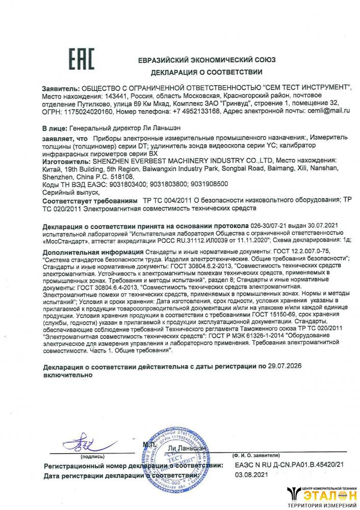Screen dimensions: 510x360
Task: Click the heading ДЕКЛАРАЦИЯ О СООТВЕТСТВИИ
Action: [207, 71]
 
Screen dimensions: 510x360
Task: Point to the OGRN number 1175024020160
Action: [86, 110]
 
